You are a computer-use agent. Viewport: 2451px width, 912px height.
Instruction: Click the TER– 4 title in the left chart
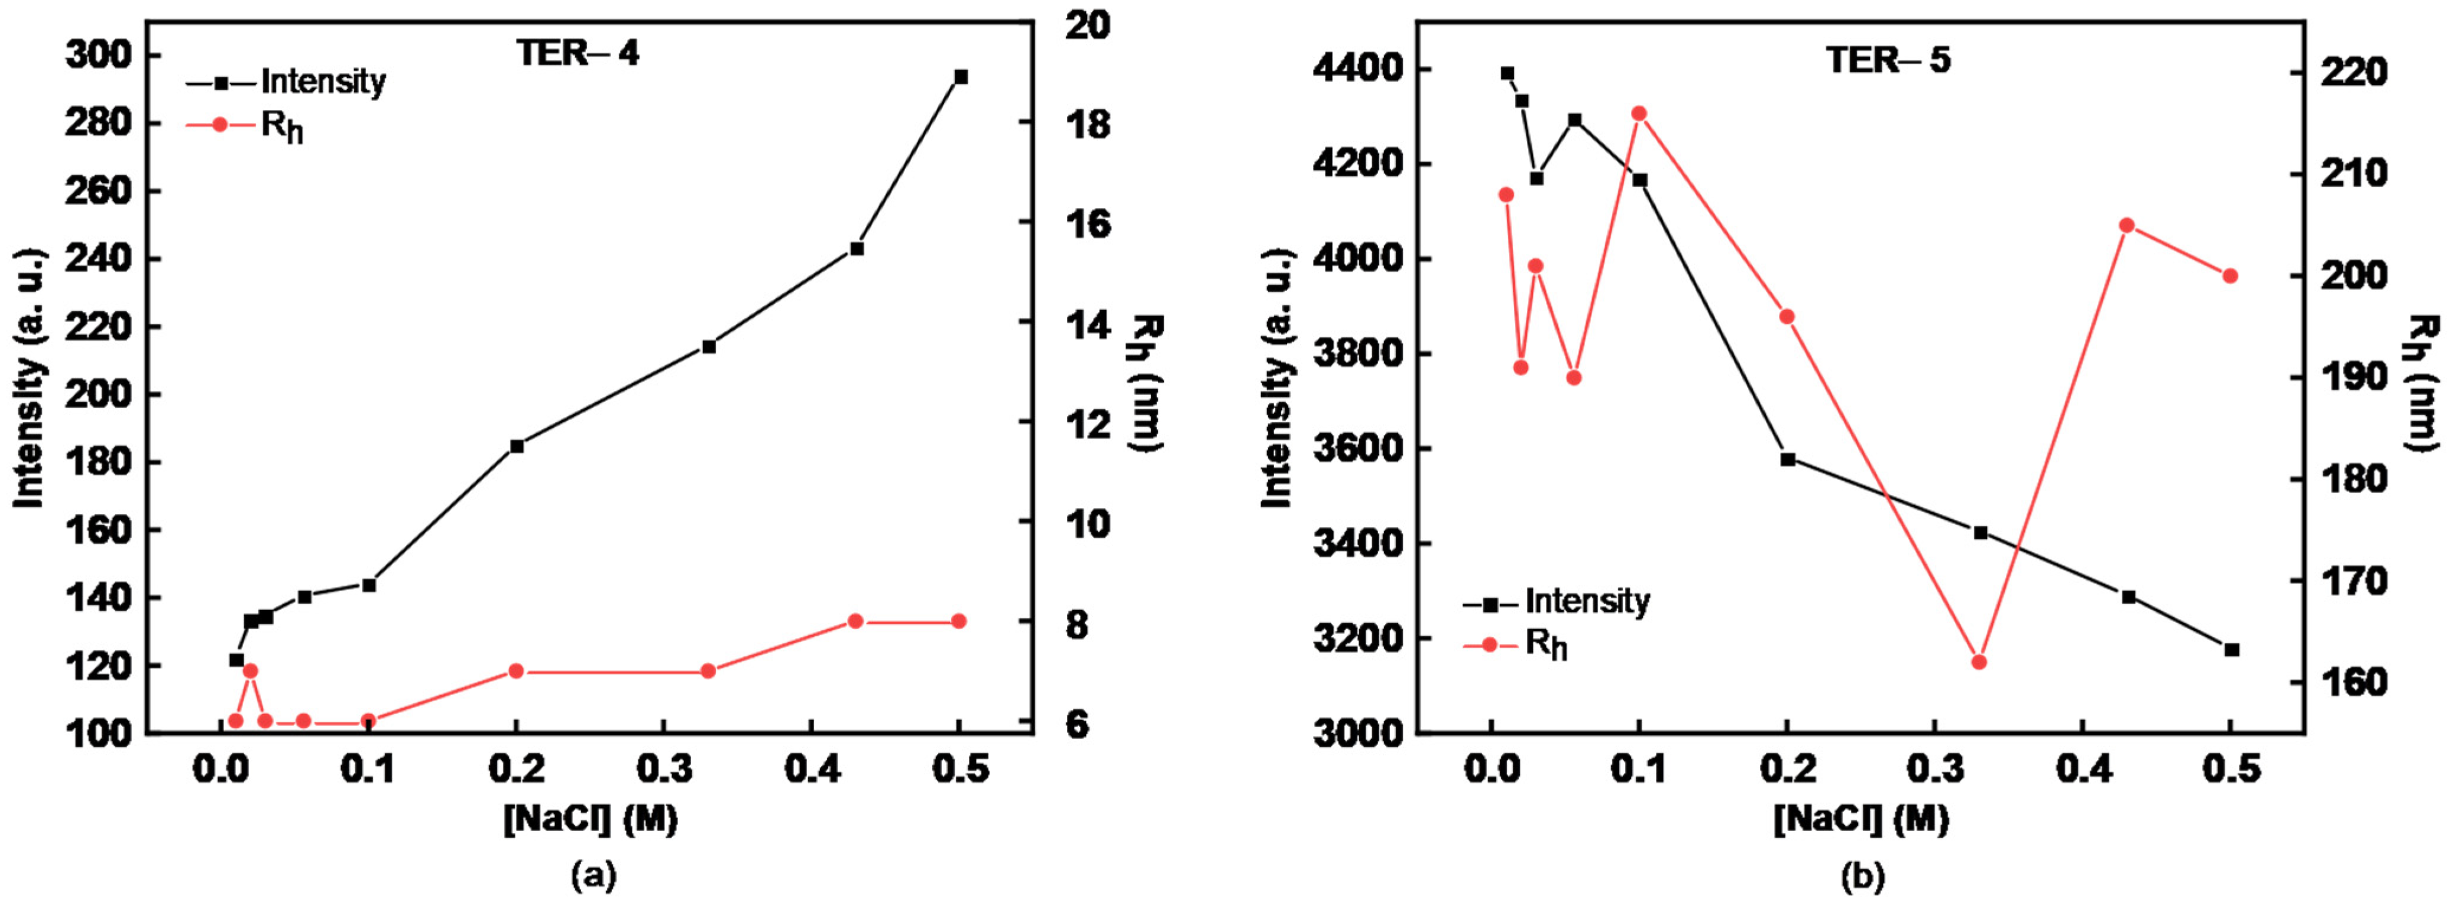pyautogui.click(x=578, y=53)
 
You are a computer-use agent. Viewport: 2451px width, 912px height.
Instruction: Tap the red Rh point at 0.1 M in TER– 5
pyautogui.click(x=1639, y=113)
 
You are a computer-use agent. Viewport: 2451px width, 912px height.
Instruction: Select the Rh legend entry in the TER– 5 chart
pyautogui.click(x=1544, y=645)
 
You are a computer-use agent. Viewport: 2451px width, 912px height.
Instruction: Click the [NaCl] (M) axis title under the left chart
pyautogui.click(x=591, y=819)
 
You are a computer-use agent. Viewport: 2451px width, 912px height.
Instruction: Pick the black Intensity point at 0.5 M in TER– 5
pyautogui.click(x=2231, y=650)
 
